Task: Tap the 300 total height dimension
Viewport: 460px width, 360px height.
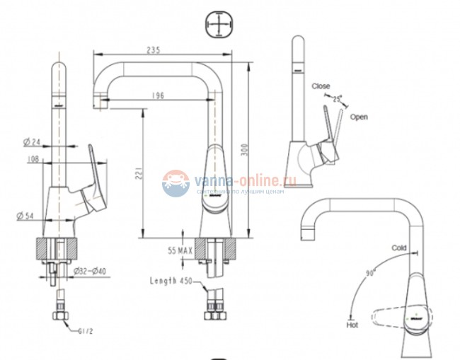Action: (245, 151)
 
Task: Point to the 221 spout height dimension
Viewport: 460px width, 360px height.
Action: (139, 172)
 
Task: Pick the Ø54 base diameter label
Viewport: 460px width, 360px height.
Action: (26, 216)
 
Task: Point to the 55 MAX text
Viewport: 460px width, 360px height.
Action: (181, 250)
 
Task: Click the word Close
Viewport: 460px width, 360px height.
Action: (321, 86)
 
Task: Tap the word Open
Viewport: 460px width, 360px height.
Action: (359, 117)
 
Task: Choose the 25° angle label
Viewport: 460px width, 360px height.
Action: (337, 98)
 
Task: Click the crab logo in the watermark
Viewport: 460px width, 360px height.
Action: (175, 183)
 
